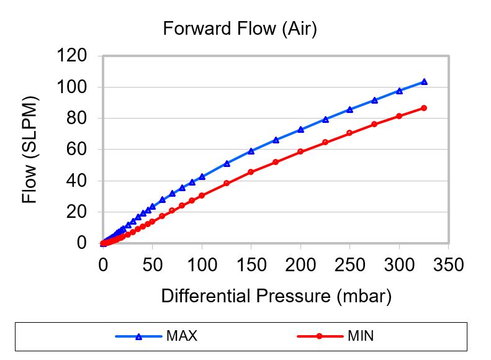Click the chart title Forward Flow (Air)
coord(240,29)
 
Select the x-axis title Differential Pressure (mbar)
coord(276,296)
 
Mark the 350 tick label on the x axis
coord(448,266)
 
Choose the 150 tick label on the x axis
coord(251,266)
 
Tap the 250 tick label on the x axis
coord(349,266)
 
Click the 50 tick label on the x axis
coord(153,266)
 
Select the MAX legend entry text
coord(181,337)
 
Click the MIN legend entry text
coord(360,337)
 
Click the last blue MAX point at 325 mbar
coord(424,81)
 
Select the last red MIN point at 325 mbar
coord(424,108)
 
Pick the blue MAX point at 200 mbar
coord(300,129)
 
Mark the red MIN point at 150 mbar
coord(251,172)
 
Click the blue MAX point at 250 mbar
coord(349,109)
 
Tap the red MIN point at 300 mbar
coord(399,116)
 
